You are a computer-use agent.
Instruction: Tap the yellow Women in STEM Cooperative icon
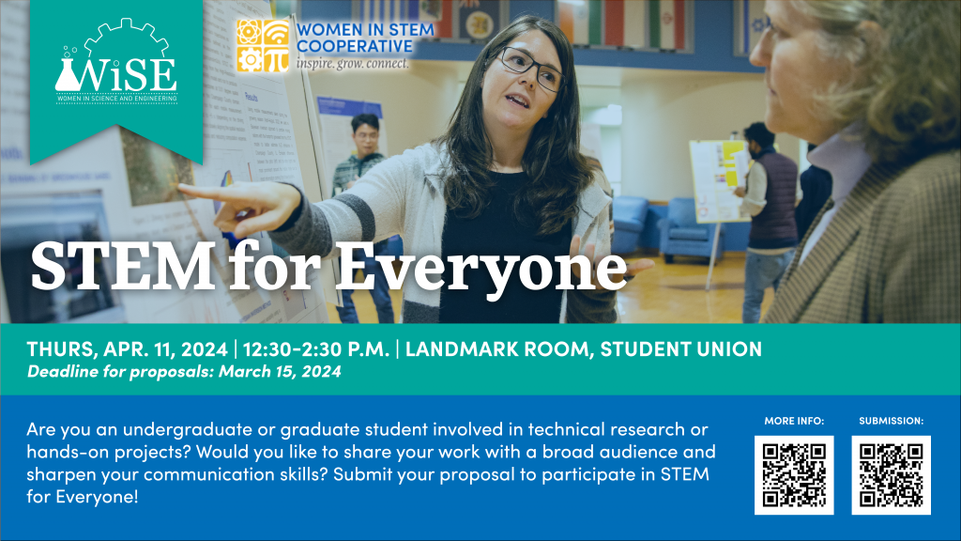pyautogui.click(x=262, y=45)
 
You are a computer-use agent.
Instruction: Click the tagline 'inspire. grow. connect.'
pyautogui.click(x=352, y=65)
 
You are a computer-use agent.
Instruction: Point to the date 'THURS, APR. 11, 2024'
pyautogui.click(x=127, y=349)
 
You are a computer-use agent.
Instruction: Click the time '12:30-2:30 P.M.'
pyautogui.click(x=316, y=349)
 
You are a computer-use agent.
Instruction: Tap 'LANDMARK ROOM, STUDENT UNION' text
pyautogui.click(x=584, y=349)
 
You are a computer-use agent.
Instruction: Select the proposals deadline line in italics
pyautogui.click(x=184, y=371)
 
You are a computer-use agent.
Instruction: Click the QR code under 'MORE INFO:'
pyautogui.click(x=794, y=475)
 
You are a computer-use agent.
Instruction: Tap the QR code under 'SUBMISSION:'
pyautogui.click(x=891, y=475)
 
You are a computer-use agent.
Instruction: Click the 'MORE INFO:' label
pyautogui.click(x=794, y=421)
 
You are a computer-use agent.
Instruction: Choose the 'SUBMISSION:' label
pyautogui.click(x=891, y=421)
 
